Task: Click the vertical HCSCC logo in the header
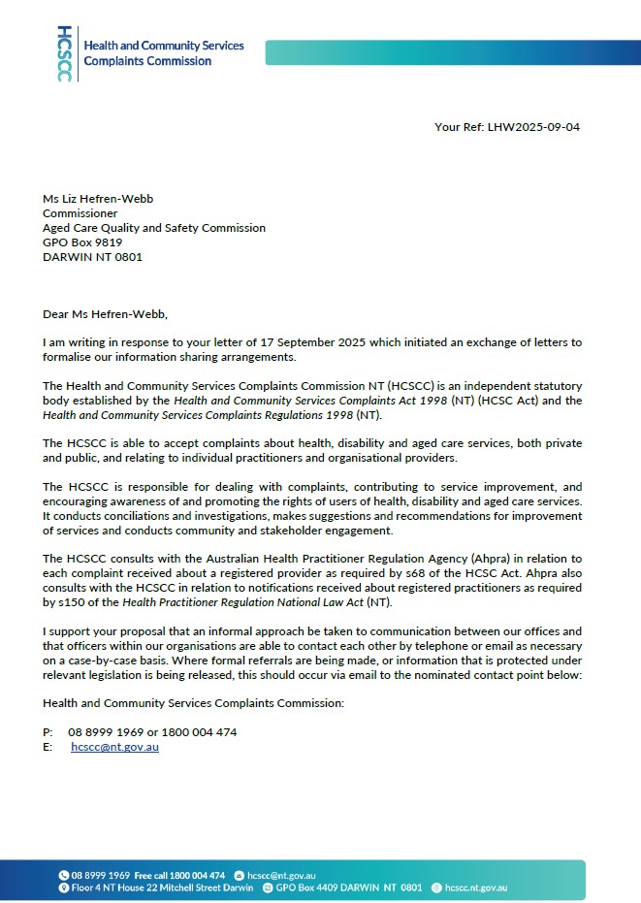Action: click(64, 53)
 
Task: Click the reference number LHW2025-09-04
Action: click(535, 127)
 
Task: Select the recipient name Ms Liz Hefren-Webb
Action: click(98, 199)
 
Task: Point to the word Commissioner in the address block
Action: click(80, 213)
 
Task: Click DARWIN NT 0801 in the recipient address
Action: click(93, 257)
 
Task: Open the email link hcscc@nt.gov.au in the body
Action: click(114, 747)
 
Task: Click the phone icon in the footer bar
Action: click(64, 875)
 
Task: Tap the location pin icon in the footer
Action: click(64, 887)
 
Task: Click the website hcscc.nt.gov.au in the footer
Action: click(475, 887)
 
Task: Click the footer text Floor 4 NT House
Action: click(110, 887)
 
